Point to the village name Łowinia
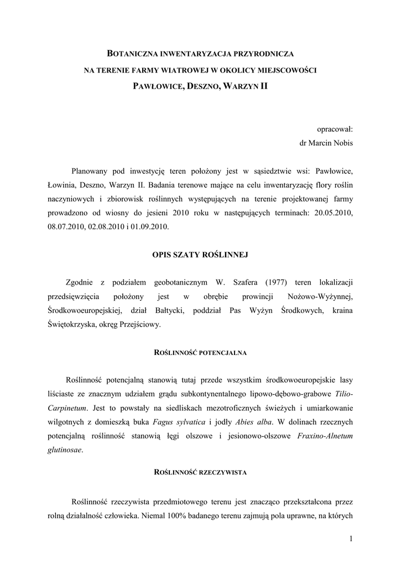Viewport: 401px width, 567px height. point(64,184)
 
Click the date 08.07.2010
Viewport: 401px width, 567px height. point(65,227)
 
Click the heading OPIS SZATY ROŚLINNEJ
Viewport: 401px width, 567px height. point(200,255)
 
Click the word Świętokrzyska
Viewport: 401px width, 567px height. point(72,325)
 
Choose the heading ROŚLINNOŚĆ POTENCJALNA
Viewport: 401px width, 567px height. point(200,352)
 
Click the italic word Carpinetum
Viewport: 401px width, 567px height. point(67,408)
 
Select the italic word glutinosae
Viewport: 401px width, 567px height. point(65,450)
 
